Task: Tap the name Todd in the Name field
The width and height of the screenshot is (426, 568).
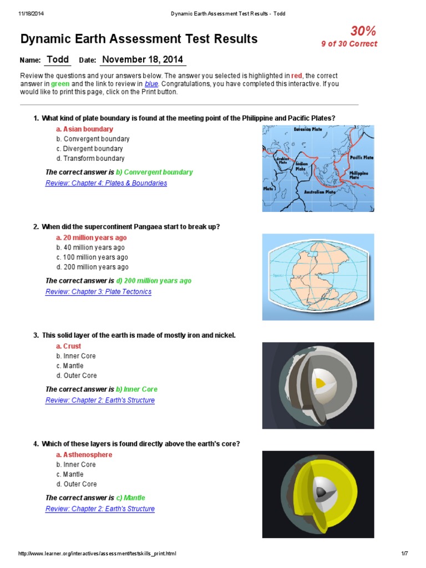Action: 58,60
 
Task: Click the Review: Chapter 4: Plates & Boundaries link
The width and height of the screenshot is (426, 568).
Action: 106,183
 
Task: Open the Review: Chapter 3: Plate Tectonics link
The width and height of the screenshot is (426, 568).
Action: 98,292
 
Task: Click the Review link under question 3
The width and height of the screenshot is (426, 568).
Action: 100,400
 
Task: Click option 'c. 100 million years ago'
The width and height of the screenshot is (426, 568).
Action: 92,257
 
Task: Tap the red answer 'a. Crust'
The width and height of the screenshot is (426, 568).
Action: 68,346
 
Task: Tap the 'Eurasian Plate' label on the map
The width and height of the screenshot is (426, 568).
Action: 308,130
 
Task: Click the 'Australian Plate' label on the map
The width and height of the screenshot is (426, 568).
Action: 319,192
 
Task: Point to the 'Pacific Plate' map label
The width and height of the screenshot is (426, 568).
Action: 361,158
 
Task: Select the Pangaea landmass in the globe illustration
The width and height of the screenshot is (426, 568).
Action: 315,277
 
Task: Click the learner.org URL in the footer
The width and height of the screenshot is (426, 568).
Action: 98,554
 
